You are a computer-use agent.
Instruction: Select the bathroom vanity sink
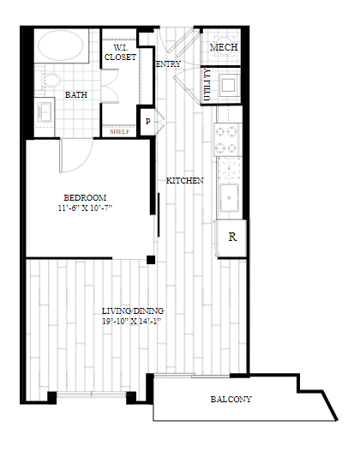point(45,111)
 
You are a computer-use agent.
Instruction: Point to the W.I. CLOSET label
point(120,52)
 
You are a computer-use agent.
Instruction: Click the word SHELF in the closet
point(119,131)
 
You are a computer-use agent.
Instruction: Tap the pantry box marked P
point(147,121)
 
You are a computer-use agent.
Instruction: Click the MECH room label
point(224,47)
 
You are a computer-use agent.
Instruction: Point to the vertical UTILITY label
point(207,87)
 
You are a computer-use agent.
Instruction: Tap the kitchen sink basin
point(230,198)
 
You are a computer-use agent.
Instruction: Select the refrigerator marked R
point(231,237)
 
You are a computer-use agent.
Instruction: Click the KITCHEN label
point(184,180)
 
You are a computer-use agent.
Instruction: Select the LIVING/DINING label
point(132,310)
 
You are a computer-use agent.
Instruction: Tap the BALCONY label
point(231,400)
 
